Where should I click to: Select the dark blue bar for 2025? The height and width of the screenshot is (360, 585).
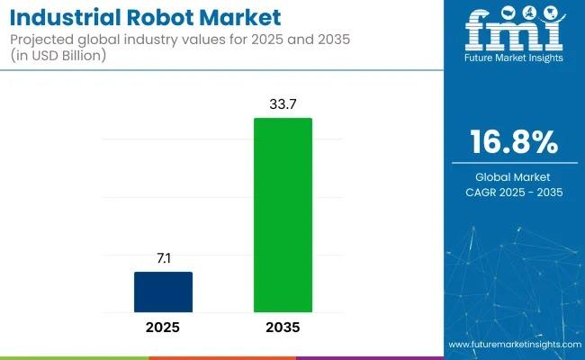point(163,291)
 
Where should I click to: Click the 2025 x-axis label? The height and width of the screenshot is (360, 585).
point(163,327)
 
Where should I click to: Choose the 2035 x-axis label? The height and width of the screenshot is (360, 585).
point(283,327)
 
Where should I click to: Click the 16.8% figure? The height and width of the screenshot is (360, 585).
point(515,143)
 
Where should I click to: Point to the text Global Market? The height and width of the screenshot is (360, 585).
point(515,176)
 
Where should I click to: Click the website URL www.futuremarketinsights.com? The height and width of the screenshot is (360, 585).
point(513,345)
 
